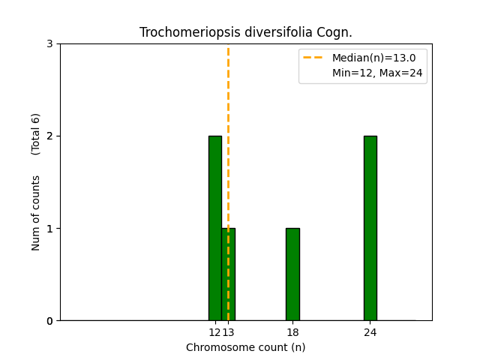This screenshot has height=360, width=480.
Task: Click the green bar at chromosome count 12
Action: click(214, 228)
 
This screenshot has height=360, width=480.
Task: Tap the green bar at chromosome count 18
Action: click(292, 274)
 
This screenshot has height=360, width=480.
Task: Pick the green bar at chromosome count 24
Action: click(370, 228)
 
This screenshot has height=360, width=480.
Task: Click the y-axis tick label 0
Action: click(49, 321)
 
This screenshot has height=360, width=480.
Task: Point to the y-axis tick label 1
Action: click(49, 229)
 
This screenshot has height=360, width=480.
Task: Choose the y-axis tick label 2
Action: click(49, 136)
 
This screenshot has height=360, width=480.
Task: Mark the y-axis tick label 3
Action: click(49, 44)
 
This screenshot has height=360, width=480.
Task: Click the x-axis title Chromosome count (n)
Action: click(246, 347)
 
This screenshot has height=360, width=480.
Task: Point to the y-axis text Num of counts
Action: click(36, 213)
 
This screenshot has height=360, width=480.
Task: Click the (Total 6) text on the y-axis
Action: click(36, 134)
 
